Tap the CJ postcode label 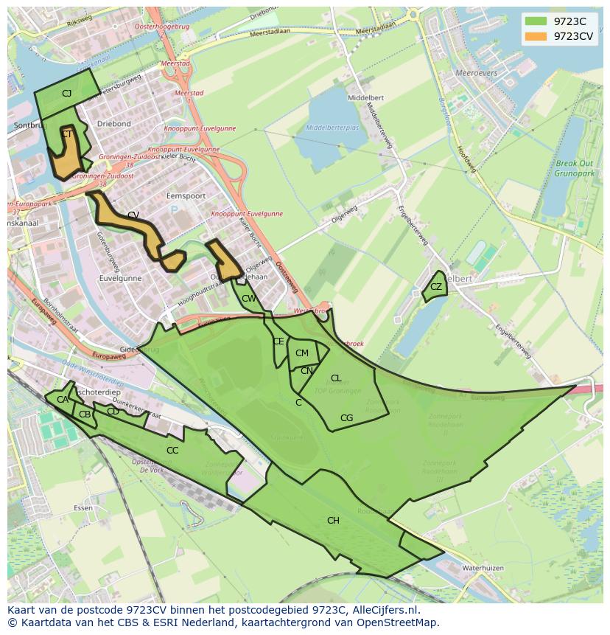(x=66, y=94)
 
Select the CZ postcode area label (x=436, y=287)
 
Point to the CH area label (x=333, y=521)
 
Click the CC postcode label (x=172, y=451)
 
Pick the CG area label (x=346, y=418)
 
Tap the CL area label (x=336, y=378)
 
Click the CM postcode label (x=301, y=353)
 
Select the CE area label (x=278, y=341)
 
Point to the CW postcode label (x=249, y=299)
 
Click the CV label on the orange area (x=133, y=215)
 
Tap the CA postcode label (x=63, y=400)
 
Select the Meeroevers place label (x=477, y=74)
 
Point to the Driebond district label (x=113, y=124)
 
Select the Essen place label (x=83, y=508)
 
